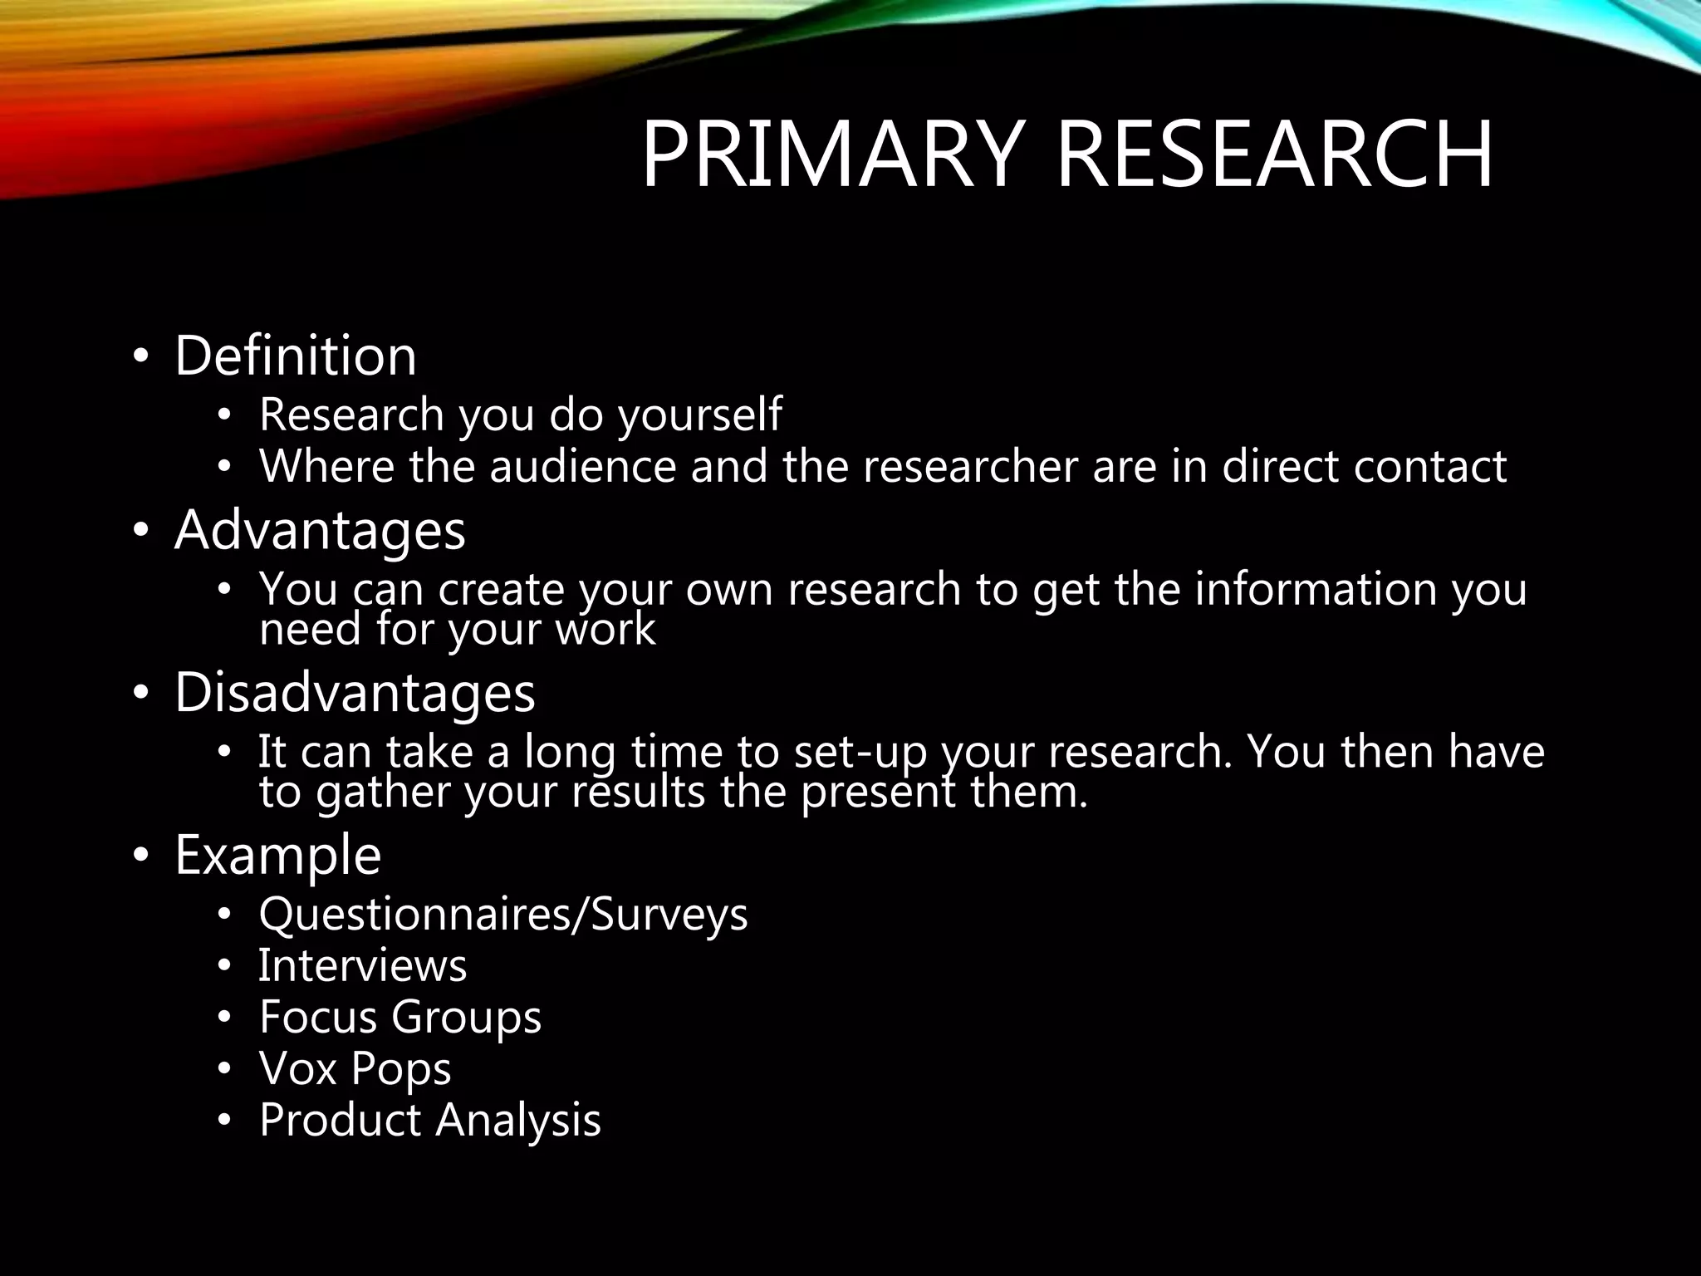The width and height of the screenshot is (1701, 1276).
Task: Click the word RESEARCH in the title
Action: click(1274, 155)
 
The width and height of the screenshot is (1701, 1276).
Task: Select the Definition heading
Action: click(295, 356)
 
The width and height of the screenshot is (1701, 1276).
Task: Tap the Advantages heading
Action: click(320, 530)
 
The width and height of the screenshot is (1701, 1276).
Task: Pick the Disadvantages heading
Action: click(355, 692)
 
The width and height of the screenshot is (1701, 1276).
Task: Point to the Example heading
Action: click(277, 855)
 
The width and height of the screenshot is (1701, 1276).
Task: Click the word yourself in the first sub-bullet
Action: click(699, 415)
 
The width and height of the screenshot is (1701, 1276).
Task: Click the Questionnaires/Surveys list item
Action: click(503, 914)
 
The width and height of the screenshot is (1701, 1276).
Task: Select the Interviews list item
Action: click(363, 965)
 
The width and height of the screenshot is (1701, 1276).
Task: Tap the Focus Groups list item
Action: click(400, 1017)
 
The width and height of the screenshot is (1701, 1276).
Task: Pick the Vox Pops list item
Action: click(355, 1068)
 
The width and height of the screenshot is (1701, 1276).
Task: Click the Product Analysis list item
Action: click(429, 1120)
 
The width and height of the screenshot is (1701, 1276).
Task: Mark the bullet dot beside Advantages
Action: click(140, 532)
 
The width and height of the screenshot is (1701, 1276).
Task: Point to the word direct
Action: click(1279, 466)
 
